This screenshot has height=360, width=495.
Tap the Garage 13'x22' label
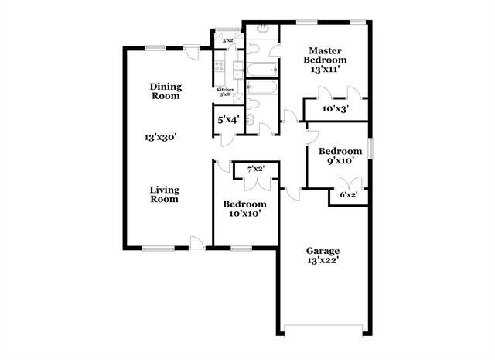[x=323, y=256]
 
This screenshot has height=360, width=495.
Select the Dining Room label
[x=165, y=91]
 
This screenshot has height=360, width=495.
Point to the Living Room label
[x=164, y=194]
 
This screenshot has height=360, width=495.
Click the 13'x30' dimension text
[x=161, y=137]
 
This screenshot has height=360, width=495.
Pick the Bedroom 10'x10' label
[x=244, y=209]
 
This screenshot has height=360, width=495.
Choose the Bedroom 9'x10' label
[x=340, y=156]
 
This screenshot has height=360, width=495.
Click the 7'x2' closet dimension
[x=256, y=169]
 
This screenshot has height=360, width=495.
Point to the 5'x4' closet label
[x=227, y=120]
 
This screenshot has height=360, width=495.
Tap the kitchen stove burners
[x=219, y=68]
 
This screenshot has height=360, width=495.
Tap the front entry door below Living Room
[x=198, y=245]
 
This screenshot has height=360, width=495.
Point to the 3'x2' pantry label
[x=228, y=39]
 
